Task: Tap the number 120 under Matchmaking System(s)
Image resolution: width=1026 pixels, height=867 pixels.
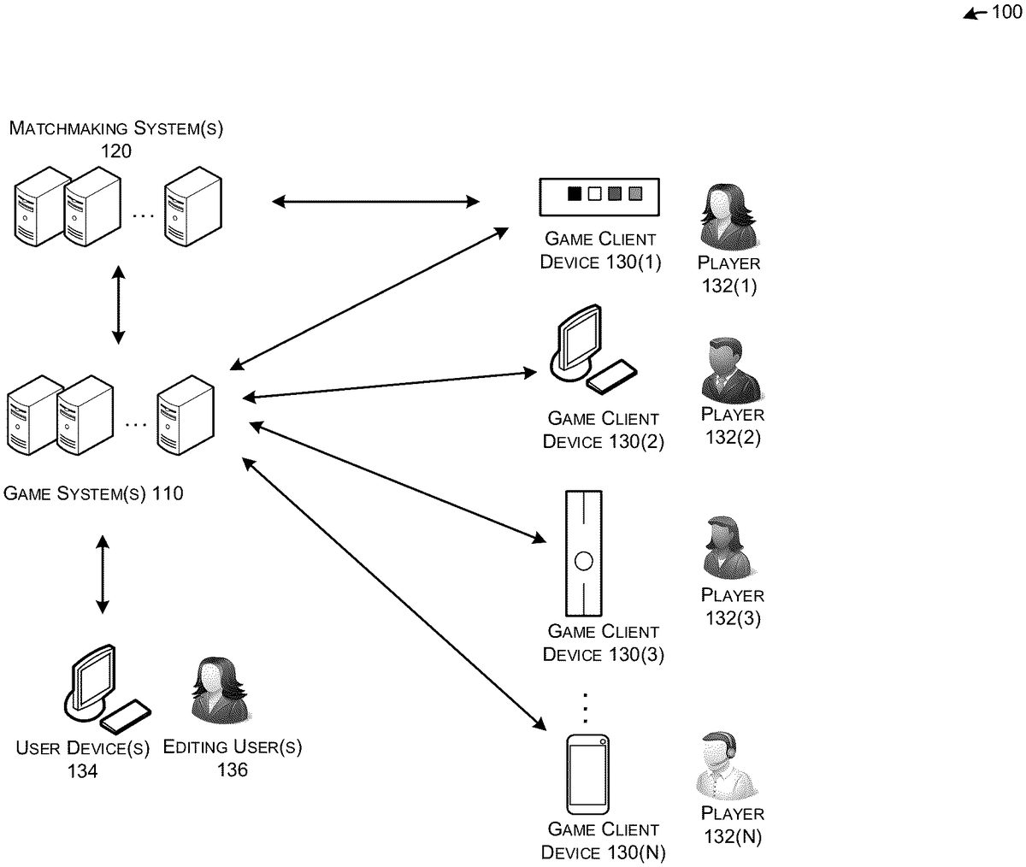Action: [116, 151]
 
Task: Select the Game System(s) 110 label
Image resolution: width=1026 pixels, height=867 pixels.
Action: [93, 493]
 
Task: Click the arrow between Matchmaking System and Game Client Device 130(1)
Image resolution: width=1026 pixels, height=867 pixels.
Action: [375, 202]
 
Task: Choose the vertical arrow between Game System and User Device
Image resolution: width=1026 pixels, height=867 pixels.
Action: [103, 574]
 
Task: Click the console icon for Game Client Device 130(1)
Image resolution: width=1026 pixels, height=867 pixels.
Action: [599, 197]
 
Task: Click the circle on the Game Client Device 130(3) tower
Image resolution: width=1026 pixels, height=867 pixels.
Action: [583, 562]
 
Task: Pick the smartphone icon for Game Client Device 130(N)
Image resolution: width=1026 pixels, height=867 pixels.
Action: [587, 775]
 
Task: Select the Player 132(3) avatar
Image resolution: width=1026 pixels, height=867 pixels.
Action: [728, 548]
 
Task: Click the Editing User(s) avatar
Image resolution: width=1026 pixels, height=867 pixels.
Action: [219, 691]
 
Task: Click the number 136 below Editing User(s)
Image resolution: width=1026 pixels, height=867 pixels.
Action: [232, 770]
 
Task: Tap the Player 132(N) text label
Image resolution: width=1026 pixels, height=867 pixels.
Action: [733, 825]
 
